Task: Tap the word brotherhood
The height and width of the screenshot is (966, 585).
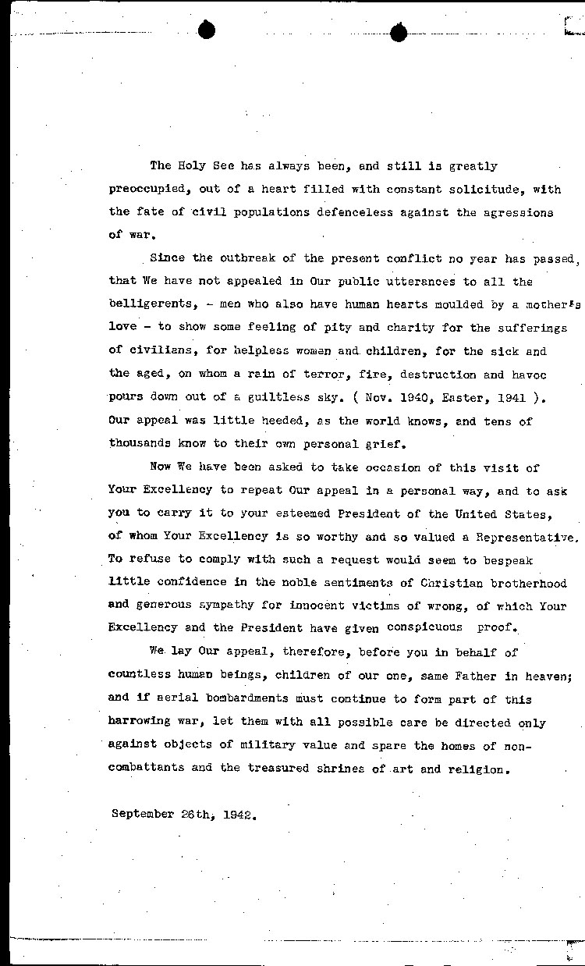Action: pyautogui.click(x=528, y=583)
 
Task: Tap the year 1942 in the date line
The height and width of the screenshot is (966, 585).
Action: pyautogui.click(x=238, y=814)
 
